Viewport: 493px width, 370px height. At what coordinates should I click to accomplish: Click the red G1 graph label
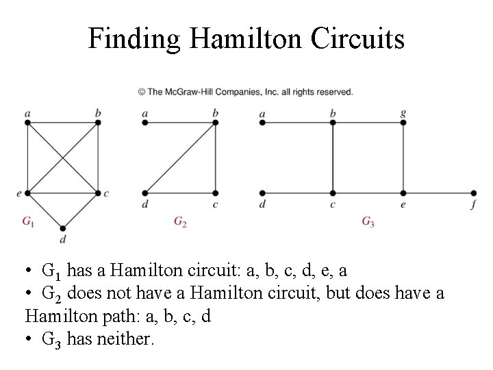[x=29, y=221]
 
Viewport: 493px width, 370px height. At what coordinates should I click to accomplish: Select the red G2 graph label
[x=180, y=221]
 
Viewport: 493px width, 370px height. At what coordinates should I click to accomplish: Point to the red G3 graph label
[x=368, y=221]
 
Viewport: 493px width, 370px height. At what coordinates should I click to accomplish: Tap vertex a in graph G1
[x=27, y=123]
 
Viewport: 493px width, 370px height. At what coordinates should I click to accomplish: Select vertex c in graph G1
[x=98, y=193]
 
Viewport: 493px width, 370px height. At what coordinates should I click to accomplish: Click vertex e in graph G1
[x=27, y=193]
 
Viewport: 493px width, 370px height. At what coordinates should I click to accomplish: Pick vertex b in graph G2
[x=216, y=123]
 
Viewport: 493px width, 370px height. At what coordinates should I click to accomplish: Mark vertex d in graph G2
[x=145, y=193]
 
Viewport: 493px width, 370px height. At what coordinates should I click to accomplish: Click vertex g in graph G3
[x=403, y=123]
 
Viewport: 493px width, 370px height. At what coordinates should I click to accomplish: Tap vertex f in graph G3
[x=474, y=193]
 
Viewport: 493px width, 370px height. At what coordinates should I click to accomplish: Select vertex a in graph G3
[x=263, y=123]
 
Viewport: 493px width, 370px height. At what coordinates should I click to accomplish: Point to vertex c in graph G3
[x=333, y=193]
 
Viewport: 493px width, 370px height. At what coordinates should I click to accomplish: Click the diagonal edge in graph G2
[x=180, y=158]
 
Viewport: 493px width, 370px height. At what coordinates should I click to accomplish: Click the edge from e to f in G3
[x=438, y=193]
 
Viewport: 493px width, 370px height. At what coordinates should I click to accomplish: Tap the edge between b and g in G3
[x=368, y=123]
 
